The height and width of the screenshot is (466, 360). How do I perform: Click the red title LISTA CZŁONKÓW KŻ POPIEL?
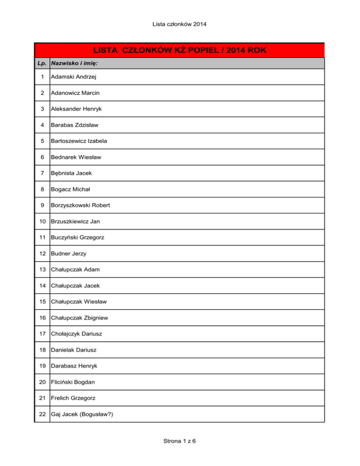tap(180, 50)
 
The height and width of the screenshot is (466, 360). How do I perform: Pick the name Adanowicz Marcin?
tap(75, 93)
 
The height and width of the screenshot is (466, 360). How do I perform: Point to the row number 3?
tap(43, 109)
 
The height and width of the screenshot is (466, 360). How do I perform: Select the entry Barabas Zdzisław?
tap(75, 125)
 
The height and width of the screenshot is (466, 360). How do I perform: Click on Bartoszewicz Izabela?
tap(80, 141)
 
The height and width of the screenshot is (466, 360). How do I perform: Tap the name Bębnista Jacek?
tap(72, 173)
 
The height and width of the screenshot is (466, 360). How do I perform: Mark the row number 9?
tap(43, 205)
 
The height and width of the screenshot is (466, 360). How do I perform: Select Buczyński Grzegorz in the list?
tap(78, 238)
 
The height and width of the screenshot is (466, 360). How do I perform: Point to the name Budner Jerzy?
tap(69, 254)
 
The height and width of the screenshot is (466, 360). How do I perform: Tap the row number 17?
tap(43, 334)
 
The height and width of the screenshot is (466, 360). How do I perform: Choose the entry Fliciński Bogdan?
tap(75, 382)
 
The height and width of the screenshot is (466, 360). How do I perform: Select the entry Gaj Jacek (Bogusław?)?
tap(85, 414)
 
